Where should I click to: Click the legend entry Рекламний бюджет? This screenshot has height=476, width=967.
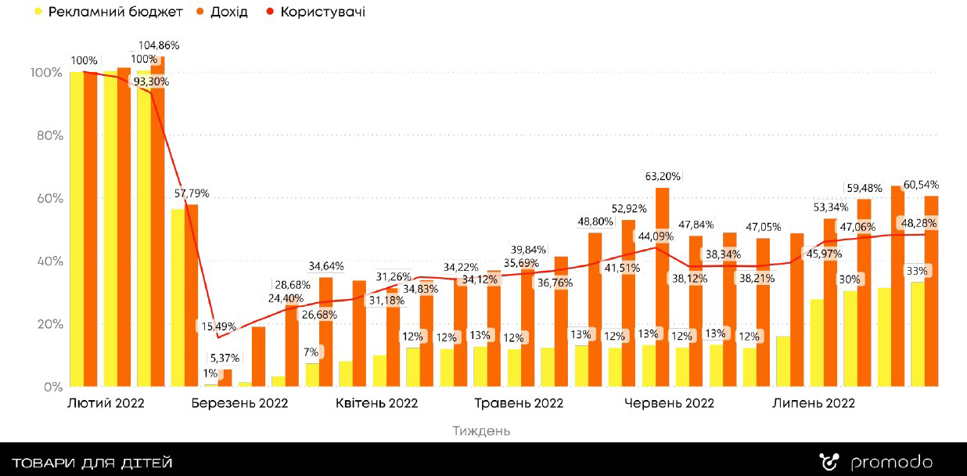115,12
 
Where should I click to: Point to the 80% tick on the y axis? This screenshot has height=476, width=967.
45,135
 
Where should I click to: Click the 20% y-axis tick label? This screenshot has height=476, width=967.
45,324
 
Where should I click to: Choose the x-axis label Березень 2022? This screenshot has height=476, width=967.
239,404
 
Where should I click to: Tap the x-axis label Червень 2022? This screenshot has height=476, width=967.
669,404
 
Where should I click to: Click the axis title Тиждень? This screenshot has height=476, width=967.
481,431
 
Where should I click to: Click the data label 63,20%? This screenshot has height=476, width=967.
663,175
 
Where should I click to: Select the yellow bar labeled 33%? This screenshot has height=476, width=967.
917,337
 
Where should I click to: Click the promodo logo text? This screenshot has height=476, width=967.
891,463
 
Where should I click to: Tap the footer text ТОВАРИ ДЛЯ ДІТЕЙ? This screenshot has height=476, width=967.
92,463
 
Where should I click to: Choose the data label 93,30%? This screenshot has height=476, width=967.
152,81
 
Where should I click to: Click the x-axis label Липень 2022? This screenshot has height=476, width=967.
814,404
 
